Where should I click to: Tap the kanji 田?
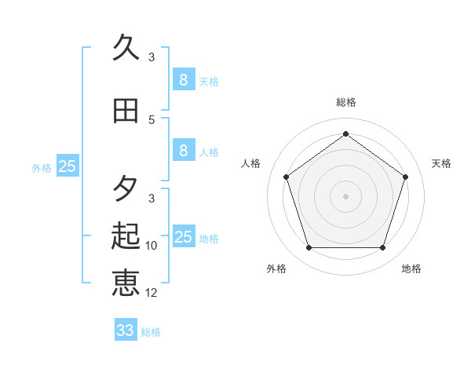point(126,111)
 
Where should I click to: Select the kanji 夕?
point(126,188)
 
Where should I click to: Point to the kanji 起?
point(126,235)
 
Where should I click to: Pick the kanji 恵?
point(126,282)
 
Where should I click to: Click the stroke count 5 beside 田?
point(152,119)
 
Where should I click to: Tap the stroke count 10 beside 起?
point(152,246)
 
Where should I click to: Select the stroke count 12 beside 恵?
point(152,293)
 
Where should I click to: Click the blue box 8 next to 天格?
point(183,79)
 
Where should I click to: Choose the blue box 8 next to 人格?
point(183,151)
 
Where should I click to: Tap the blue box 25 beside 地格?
point(183,237)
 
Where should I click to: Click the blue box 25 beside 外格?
point(68,166)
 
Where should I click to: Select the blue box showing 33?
point(125,331)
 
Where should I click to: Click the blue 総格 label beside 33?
point(151,332)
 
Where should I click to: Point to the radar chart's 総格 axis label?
point(345,102)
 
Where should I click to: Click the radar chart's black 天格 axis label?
point(441,163)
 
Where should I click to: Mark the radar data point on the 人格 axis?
point(286,177)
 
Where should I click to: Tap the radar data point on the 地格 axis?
point(382,247)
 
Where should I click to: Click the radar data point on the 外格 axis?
point(309,247)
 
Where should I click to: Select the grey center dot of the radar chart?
point(345,195)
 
